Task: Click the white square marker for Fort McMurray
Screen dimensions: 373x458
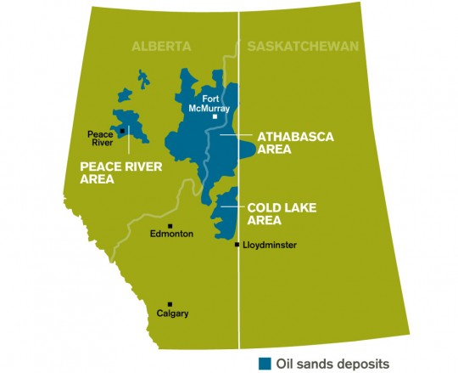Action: tap(215, 117)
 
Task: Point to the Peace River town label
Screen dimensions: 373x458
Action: tap(102, 138)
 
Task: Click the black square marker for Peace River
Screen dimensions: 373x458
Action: tap(122, 131)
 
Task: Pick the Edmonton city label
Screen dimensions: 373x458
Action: tap(171, 234)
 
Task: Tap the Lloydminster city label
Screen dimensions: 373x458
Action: tap(271, 245)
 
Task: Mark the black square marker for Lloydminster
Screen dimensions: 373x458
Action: tap(237, 245)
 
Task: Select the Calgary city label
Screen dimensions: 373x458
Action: tap(172, 314)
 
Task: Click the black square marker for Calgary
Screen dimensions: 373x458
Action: tap(170, 303)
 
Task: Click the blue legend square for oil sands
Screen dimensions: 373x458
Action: tap(265, 364)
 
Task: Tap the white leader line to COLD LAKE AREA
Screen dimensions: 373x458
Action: tap(230, 206)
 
